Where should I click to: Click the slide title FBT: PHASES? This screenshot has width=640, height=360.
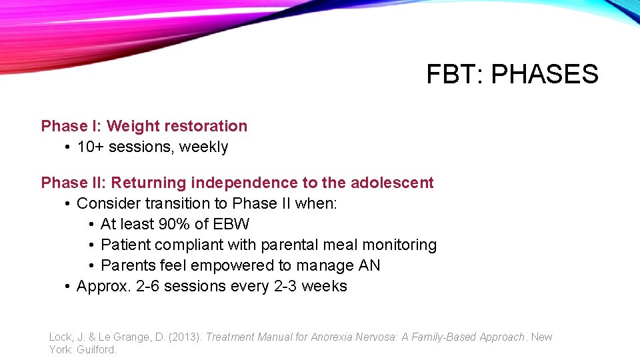point(512,74)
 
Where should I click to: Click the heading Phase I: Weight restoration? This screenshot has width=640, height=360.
point(144,126)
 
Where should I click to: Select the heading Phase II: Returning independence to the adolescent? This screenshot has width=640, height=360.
point(237,183)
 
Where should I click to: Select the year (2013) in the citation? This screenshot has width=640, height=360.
point(184,337)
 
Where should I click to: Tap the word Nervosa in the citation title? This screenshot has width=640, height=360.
point(377,337)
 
